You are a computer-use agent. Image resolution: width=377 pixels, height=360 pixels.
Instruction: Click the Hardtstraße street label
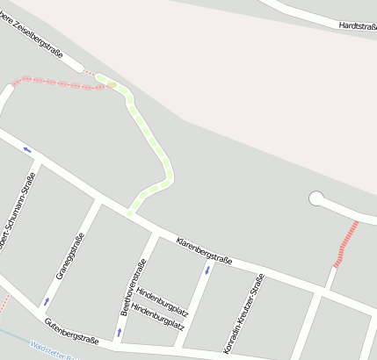[x=357, y=26]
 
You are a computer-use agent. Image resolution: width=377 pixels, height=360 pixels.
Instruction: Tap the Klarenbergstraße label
[x=204, y=249]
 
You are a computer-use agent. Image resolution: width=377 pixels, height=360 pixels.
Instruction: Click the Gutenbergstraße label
[x=72, y=330]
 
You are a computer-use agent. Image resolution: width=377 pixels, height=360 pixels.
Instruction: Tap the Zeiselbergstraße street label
[x=40, y=38]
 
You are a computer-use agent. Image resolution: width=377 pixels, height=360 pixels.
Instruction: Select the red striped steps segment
[x=346, y=243]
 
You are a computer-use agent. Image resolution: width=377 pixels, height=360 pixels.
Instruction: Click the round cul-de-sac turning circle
[x=316, y=198]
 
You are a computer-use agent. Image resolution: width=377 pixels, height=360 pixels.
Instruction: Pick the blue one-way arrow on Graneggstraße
[x=47, y=301]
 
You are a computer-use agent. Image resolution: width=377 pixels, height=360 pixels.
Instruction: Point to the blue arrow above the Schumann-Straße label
[x=27, y=149]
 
